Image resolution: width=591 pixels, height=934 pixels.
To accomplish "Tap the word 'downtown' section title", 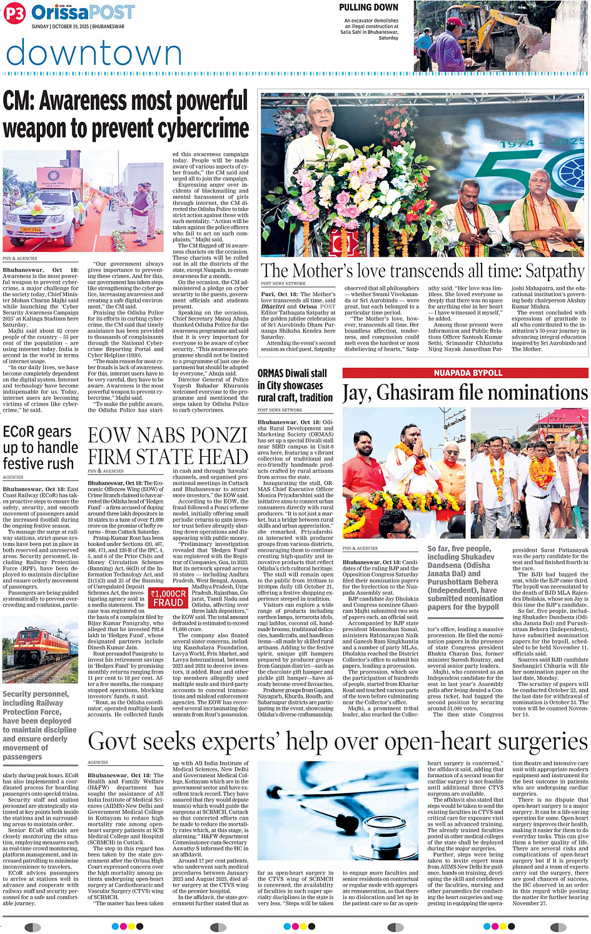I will click(x=94, y=53).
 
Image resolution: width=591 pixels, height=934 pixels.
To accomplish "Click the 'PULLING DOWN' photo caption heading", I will click(x=368, y=7).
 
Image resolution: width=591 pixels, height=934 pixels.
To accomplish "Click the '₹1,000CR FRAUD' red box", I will click(x=168, y=598).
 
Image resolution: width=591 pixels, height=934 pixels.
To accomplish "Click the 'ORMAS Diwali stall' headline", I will click(x=292, y=374).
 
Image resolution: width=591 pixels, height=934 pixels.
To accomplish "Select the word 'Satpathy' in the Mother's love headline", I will click(x=555, y=271).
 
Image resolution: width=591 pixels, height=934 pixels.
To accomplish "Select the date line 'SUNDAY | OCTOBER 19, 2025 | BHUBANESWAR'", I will click(x=78, y=27).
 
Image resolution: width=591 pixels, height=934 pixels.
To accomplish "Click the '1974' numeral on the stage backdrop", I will click(x=517, y=144).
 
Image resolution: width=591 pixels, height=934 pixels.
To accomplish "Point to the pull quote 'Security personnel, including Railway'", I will click(x=39, y=725).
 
